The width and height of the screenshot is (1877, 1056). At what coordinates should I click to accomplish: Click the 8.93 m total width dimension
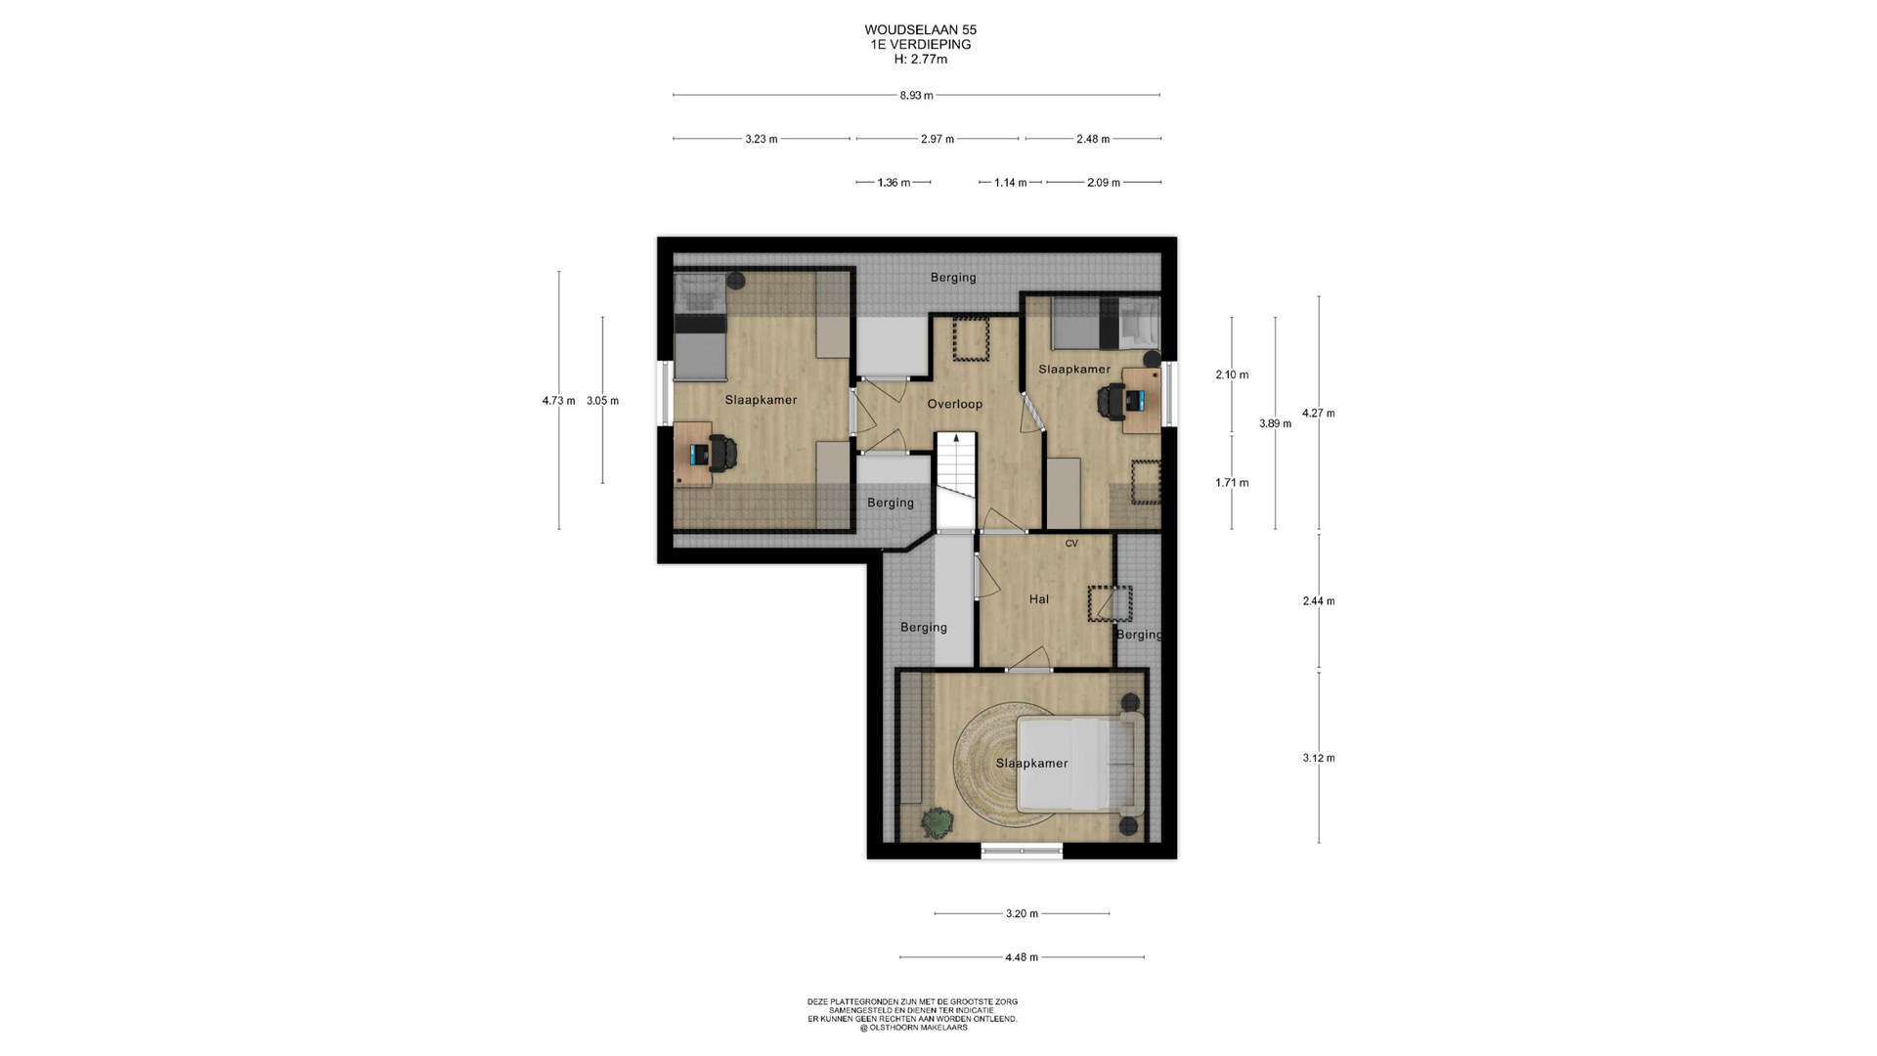[916, 95]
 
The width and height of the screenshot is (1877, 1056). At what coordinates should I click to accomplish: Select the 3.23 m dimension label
[762, 139]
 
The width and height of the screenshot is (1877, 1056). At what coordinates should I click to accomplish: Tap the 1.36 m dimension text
[894, 183]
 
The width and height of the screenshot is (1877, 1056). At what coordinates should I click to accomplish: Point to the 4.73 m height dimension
[559, 400]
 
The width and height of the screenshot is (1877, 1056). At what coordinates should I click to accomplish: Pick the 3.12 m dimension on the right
[1319, 758]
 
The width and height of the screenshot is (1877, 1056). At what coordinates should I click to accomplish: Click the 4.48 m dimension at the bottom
[1022, 957]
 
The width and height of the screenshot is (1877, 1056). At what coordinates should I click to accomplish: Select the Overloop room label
[955, 404]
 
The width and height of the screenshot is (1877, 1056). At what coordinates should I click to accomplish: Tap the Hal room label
[1039, 599]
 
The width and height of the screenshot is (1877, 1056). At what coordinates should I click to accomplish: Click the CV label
[1071, 544]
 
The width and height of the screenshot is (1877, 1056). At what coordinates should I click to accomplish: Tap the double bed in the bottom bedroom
[1078, 765]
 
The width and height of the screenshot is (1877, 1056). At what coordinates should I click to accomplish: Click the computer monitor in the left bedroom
[698, 454]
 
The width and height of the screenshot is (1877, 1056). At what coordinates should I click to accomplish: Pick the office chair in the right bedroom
[1112, 400]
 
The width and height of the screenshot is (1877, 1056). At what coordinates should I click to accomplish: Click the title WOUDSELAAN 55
[920, 30]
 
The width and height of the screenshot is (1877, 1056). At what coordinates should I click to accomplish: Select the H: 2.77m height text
[920, 59]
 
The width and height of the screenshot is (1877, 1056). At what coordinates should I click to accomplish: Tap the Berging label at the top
[953, 278]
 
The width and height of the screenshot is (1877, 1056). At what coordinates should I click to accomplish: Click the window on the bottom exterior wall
[1022, 852]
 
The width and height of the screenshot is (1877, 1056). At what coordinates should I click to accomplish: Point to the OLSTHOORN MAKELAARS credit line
[913, 1028]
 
